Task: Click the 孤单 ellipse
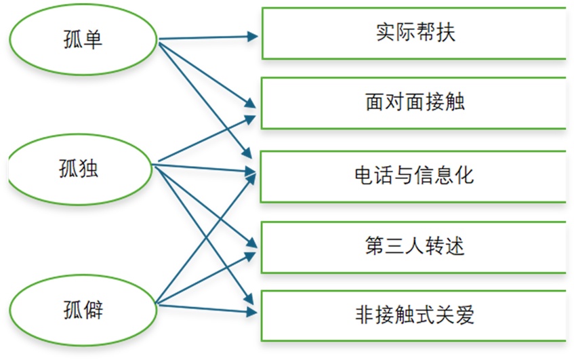click(81, 39)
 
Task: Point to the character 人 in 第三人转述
click(414, 246)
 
